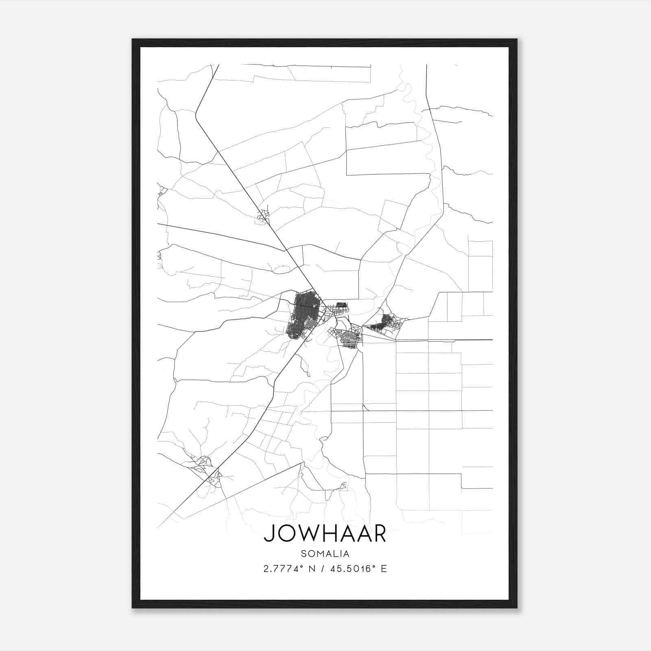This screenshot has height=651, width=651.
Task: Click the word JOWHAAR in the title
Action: (x=325, y=534)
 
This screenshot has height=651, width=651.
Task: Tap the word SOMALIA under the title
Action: (x=325, y=553)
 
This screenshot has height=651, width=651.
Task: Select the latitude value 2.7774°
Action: (x=284, y=568)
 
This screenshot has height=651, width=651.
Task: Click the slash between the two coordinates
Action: (x=323, y=568)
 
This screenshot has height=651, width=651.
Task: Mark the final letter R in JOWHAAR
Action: (x=378, y=534)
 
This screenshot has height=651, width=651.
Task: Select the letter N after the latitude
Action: (x=312, y=568)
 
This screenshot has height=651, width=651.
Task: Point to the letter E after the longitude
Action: (x=384, y=568)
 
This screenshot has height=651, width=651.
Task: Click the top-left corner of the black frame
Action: (x=133, y=39)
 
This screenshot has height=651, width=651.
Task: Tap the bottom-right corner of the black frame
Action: (x=517, y=607)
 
